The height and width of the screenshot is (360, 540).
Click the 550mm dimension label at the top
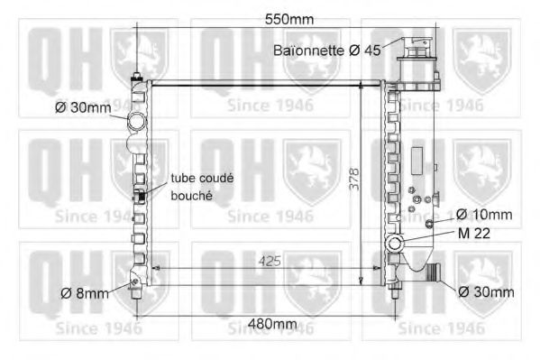[289, 20]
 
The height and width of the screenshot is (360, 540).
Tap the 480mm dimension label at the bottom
[272, 323]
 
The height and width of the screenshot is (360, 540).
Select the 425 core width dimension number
[270, 262]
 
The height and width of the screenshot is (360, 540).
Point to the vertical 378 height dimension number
[353, 179]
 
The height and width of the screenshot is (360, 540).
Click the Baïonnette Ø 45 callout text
[327, 51]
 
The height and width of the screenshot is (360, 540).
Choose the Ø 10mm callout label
[484, 215]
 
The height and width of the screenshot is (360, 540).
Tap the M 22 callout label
[474, 234]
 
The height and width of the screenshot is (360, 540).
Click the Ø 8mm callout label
[85, 293]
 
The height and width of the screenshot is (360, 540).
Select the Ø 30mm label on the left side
[83, 107]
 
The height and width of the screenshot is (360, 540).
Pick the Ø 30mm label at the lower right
[486, 292]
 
